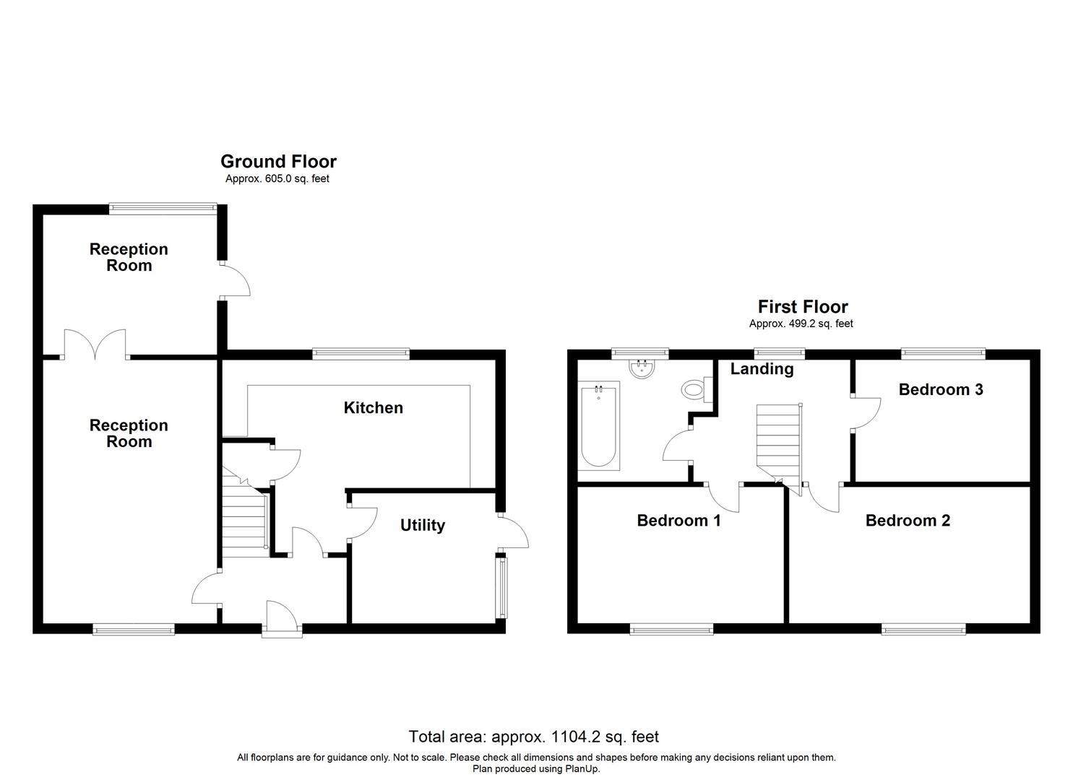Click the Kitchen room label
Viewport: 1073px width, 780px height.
tap(373, 408)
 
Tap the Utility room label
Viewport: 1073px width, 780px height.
tap(423, 526)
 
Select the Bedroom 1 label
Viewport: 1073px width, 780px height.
tap(678, 521)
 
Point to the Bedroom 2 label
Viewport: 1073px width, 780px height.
tap(908, 521)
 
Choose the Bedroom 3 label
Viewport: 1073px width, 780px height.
tap(941, 390)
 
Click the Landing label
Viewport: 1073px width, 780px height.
tap(762, 369)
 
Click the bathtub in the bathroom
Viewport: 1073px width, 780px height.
tap(598, 426)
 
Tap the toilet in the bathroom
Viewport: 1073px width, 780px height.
tap(694, 391)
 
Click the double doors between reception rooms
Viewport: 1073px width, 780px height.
tap(95, 344)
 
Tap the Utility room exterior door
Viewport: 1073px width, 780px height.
tap(514, 533)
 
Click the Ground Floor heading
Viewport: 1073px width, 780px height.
tap(278, 162)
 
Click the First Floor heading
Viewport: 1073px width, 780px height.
tap(802, 307)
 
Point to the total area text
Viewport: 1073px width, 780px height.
tap(533, 737)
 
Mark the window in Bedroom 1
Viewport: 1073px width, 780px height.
tap(671, 630)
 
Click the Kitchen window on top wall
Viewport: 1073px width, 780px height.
tap(361, 354)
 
